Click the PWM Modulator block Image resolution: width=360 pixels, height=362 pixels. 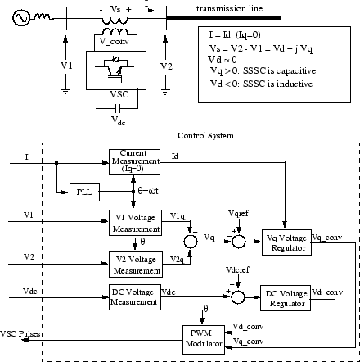pyautogui.click(x=202, y=337)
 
